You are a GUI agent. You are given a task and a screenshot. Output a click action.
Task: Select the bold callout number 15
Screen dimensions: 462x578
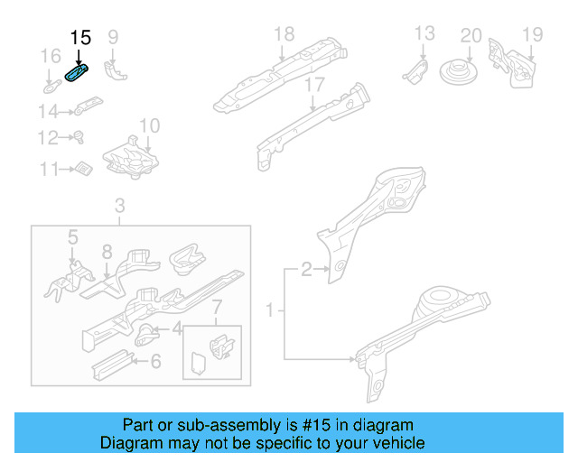tap(80, 38)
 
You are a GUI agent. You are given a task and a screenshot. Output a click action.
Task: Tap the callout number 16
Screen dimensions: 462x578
tap(51, 58)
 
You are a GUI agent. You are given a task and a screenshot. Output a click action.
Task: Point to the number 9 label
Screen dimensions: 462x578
tap(113, 37)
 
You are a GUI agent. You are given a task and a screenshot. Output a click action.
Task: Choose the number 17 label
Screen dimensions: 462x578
tap(313, 85)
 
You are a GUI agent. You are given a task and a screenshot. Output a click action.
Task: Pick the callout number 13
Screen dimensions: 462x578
tap(424, 34)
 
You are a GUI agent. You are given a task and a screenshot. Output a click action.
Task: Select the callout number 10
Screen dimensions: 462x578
tap(149, 125)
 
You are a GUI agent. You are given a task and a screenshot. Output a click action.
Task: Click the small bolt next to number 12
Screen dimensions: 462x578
tap(78, 138)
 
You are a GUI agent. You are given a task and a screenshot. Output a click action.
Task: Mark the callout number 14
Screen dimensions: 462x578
tap(48, 112)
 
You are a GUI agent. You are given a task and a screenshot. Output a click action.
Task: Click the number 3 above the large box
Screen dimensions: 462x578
tap(120, 208)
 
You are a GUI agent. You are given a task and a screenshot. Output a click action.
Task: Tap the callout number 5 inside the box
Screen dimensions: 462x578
tap(73, 236)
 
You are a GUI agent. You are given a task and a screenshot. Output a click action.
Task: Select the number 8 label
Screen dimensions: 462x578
tap(106, 252)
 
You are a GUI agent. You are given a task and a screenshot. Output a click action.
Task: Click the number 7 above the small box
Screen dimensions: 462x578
tap(215, 312)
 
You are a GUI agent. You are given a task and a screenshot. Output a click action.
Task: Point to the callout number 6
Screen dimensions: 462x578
tap(155, 362)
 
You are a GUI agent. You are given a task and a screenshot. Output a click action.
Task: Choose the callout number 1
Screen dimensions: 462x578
tap(268, 311)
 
